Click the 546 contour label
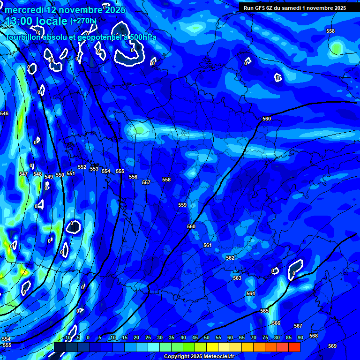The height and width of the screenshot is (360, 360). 4,114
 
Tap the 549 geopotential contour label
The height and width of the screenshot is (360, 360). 49,177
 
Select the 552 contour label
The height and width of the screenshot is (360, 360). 82,167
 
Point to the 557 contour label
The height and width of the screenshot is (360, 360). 146,182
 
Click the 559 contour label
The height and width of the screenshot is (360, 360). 182,205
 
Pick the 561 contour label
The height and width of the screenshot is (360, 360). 208,245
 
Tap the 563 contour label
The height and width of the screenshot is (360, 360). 237,278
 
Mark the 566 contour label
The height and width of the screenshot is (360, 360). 276,323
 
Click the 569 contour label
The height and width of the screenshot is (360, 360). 332,346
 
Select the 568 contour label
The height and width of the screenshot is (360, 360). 314,336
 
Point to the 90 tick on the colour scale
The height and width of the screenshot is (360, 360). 300,337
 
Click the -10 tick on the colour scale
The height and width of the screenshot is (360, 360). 67,337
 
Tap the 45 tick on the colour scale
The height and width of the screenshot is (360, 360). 195,337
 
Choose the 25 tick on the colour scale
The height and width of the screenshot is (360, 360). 148,337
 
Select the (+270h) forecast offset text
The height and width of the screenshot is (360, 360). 83,21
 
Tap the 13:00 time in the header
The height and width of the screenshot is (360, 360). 19,21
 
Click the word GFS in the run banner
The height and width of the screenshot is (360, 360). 265,8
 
